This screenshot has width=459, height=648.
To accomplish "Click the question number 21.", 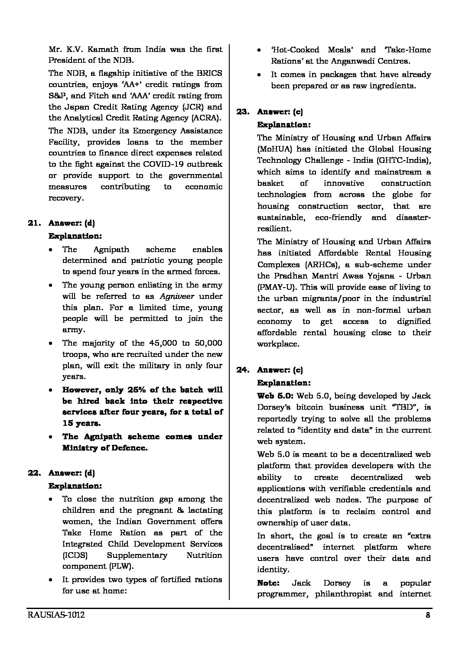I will [35, 224].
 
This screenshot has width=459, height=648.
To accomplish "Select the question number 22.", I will [35, 473].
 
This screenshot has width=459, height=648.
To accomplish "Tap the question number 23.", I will [243, 112].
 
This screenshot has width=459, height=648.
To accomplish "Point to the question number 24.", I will [243, 370].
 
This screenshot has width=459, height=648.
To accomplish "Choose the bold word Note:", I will [268, 583].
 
